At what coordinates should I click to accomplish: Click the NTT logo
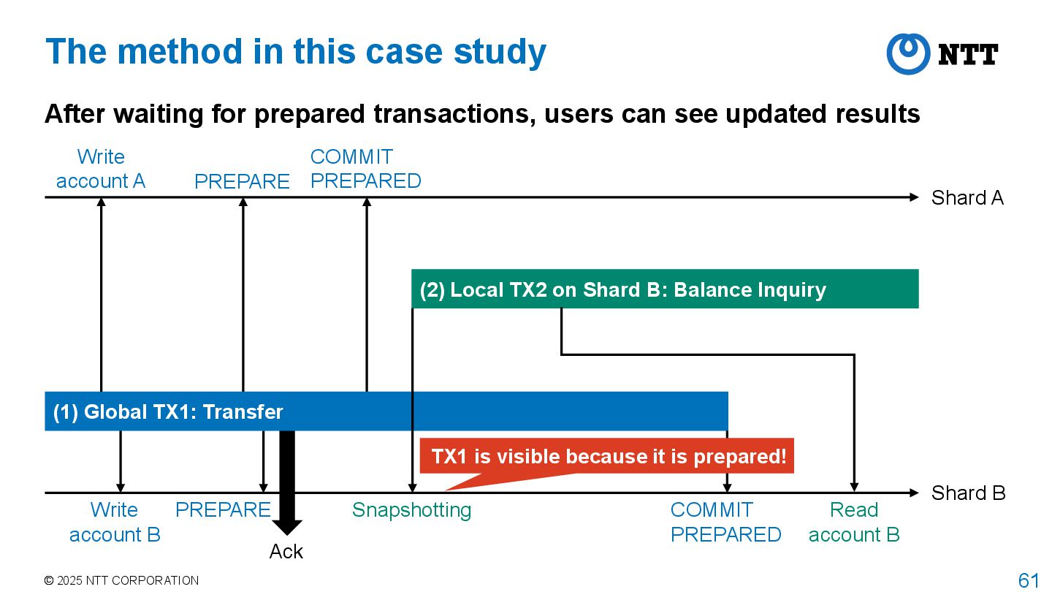(x=942, y=54)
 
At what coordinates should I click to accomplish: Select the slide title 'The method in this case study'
(x=296, y=52)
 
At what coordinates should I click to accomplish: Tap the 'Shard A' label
(x=967, y=198)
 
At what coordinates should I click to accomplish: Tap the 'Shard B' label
(x=968, y=493)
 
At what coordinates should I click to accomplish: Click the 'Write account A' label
(x=101, y=169)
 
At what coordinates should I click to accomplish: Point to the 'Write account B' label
(x=115, y=522)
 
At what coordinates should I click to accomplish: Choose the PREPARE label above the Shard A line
(x=242, y=181)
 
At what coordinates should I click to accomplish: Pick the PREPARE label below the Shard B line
(x=223, y=510)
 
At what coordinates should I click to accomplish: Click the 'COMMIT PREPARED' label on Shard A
(x=365, y=169)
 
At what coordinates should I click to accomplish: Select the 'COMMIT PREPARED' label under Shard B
(x=725, y=522)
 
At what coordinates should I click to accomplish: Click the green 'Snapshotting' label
(x=411, y=510)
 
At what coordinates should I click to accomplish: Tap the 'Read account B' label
(x=854, y=522)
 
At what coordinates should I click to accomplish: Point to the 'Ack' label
(x=286, y=552)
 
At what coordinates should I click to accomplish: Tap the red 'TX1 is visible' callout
(x=608, y=457)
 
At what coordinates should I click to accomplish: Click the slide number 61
(x=1028, y=580)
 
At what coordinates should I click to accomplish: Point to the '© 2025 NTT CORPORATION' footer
(x=121, y=580)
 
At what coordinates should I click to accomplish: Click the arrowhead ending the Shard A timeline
(x=913, y=197)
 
